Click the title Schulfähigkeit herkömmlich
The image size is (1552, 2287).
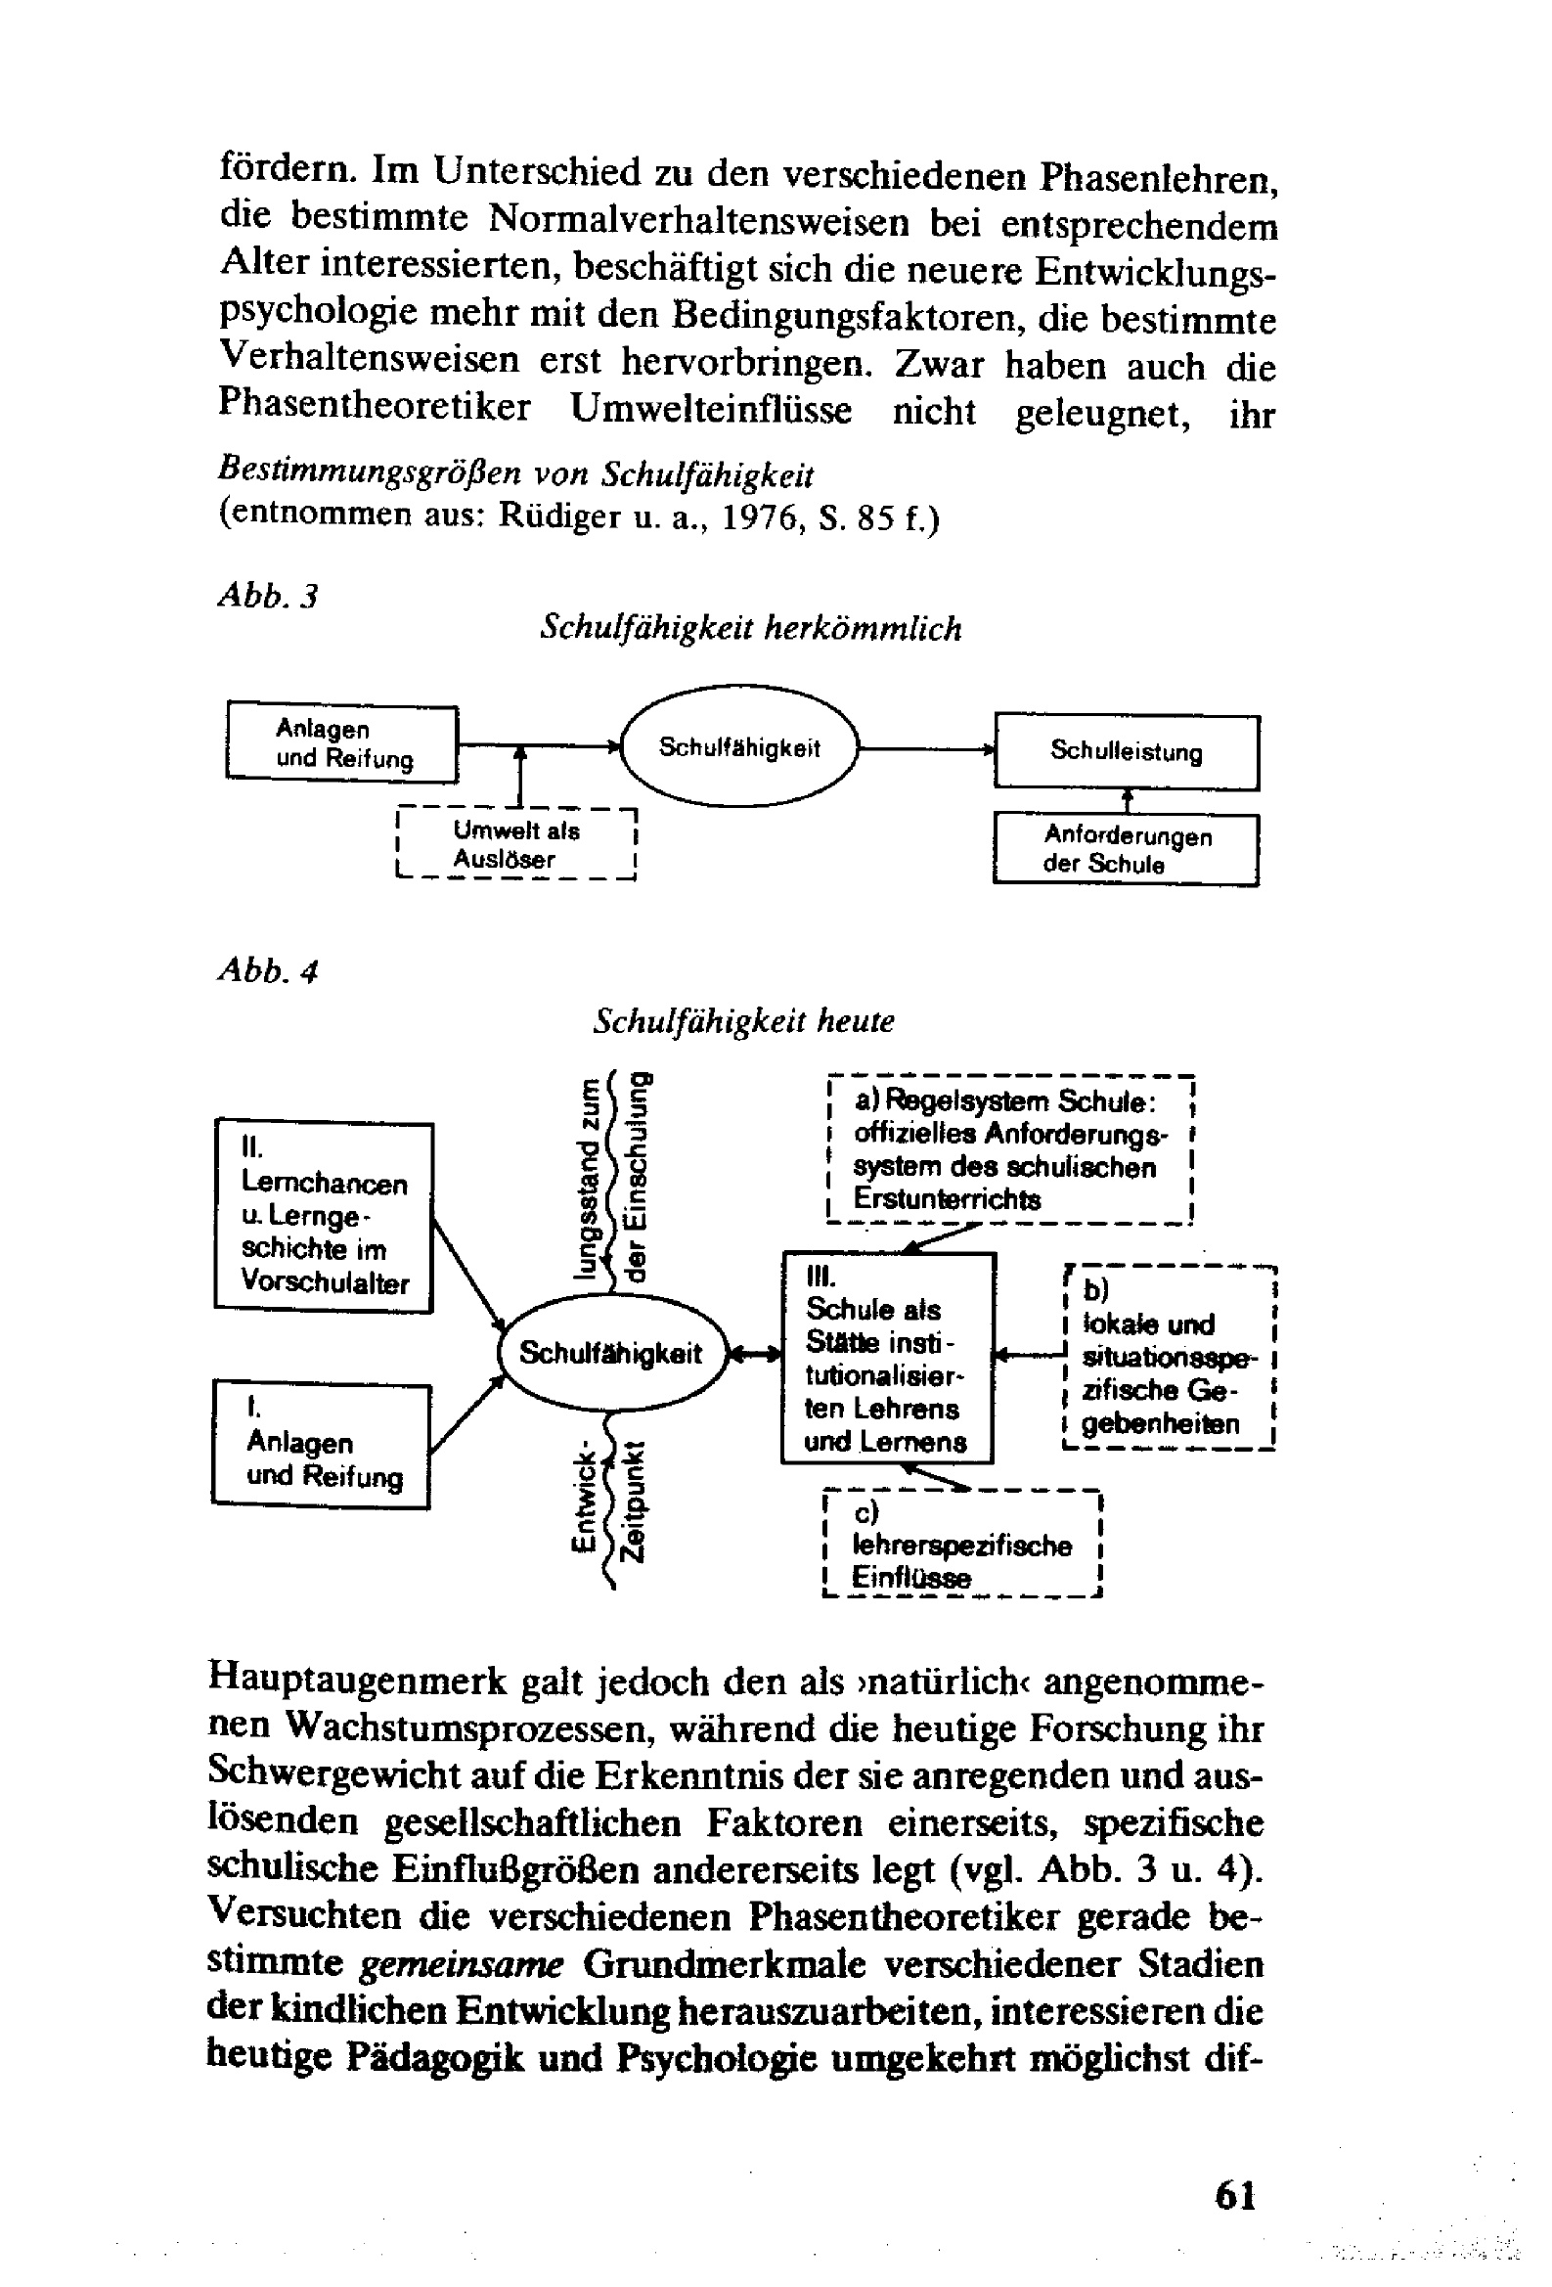tap(751, 628)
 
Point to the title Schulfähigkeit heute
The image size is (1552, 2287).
tap(743, 1021)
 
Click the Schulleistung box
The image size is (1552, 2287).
tap(1126, 752)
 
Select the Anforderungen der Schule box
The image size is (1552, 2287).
tap(1126, 849)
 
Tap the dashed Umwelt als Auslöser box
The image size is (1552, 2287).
tap(515, 844)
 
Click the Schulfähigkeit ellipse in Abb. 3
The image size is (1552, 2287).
tap(740, 748)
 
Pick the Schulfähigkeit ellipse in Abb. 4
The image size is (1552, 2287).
tap(611, 1353)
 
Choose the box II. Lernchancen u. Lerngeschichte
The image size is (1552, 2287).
tap(324, 1215)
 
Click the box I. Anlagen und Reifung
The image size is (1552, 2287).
tap(322, 1445)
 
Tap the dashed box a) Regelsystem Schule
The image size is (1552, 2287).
tap(1010, 1149)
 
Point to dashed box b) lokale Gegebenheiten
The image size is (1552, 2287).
tap(1170, 1358)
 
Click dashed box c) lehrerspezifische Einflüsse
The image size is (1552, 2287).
tap(960, 1544)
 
